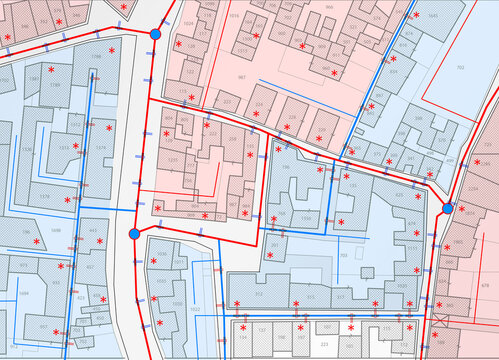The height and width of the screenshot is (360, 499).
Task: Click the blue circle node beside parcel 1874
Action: (448, 208)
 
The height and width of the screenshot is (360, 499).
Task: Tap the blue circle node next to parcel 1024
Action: (155, 35)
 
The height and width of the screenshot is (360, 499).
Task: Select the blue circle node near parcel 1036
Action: (134, 234)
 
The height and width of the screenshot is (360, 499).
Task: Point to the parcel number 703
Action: (343, 256)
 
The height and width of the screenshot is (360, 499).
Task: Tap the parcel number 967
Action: (241, 77)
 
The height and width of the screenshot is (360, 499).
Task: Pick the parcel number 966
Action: (329, 6)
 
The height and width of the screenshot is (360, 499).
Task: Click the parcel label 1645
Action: (432, 16)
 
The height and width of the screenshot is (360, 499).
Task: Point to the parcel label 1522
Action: (196, 310)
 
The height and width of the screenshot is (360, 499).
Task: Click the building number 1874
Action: (470, 214)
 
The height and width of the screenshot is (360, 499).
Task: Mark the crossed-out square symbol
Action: (439, 323)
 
